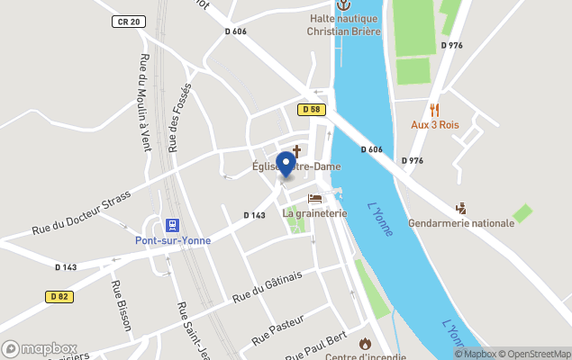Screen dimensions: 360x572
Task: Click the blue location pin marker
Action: [x=286, y=164]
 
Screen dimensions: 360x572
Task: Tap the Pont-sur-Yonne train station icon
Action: [x=170, y=225]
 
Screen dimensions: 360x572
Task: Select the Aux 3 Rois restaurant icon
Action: [x=434, y=110]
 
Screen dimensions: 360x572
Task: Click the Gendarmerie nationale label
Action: [x=460, y=222]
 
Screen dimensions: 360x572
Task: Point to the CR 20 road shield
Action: [x=129, y=21]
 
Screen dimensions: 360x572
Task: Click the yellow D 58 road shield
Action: [x=310, y=109]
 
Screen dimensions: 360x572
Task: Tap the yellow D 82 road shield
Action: [x=59, y=296]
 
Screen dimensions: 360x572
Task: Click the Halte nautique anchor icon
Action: [x=343, y=5]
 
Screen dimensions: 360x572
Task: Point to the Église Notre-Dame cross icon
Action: [x=295, y=151]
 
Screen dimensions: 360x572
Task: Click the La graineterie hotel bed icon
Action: [x=314, y=199]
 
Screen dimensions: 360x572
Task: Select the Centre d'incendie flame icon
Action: [x=365, y=343]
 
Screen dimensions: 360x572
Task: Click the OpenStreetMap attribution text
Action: [x=536, y=354]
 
